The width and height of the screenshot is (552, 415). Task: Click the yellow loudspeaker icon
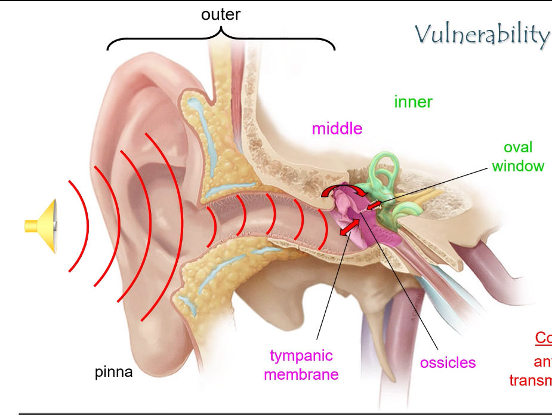[42, 226]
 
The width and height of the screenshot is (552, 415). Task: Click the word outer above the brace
[221, 15]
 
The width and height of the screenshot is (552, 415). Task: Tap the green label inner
[413, 102]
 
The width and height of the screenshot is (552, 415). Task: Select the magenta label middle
[337, 128]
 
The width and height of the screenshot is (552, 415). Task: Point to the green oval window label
[518, 156]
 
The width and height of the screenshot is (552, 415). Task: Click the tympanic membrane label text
[301, 365]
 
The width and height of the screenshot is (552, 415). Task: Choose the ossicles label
[448, 362]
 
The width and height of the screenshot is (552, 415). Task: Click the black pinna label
[114, 373]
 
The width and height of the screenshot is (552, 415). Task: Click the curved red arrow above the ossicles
[340, 189]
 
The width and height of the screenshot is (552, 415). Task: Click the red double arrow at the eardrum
[350, 227]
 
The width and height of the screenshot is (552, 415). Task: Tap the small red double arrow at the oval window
[374, 205]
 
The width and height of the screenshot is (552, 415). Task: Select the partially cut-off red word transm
[531, 380]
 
